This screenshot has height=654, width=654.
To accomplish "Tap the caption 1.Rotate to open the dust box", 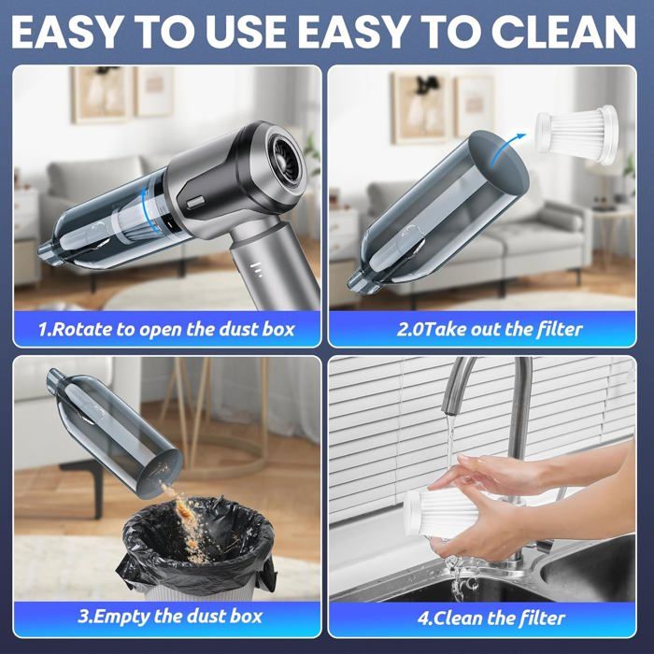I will coord(166,328).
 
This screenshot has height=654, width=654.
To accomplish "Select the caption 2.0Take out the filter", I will coord(490,328).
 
